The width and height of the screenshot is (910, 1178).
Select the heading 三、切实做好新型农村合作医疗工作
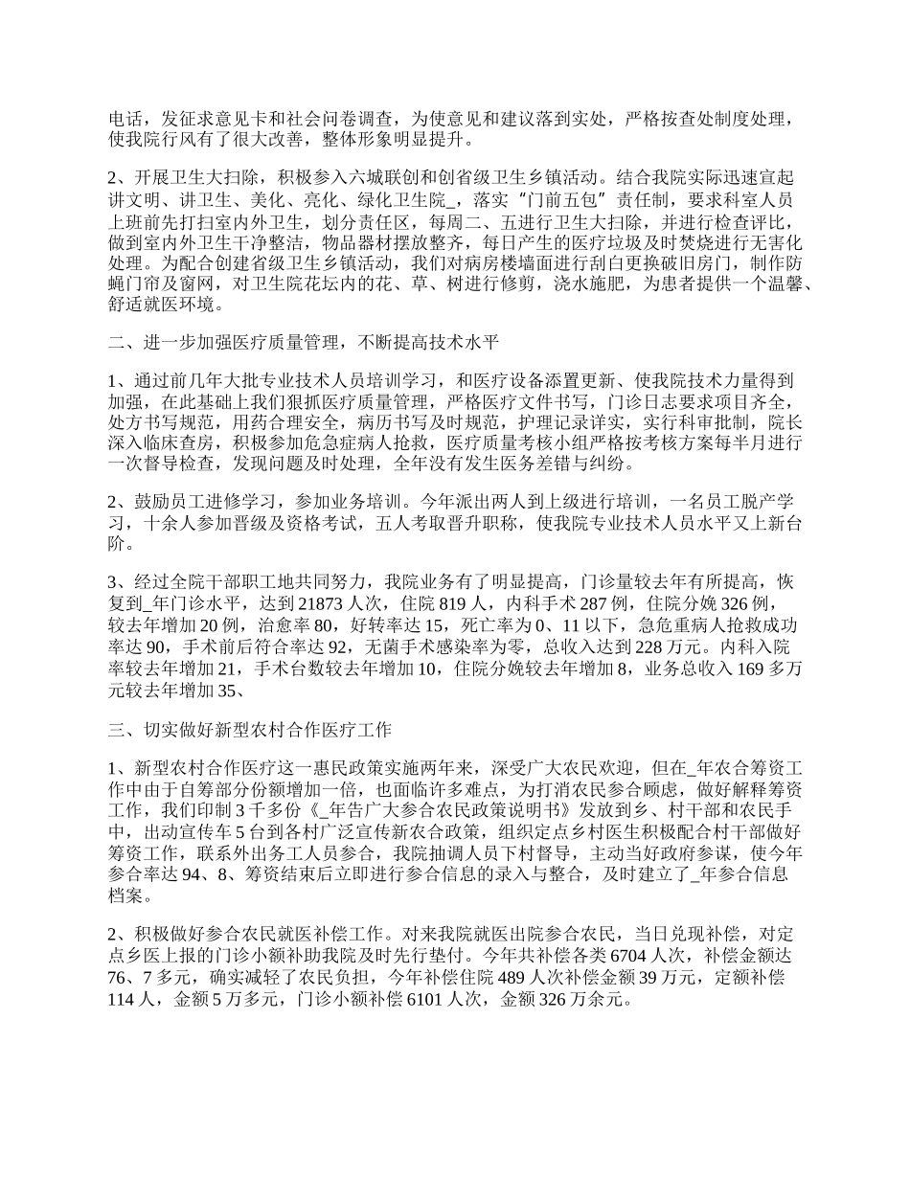point(250,730)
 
